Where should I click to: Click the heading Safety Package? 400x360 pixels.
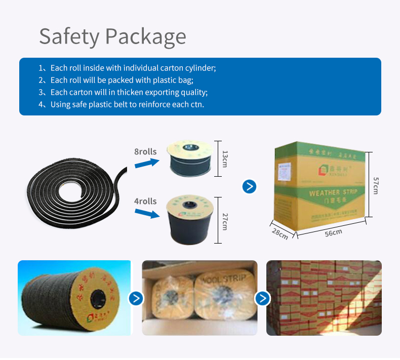(x=112, y=36)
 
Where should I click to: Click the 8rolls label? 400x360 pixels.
(x=145, y=151)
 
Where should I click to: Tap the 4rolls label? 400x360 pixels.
(x=145, y=201)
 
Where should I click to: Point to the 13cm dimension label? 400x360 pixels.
(x=225, y=158)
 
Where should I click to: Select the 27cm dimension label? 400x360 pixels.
(x=225, y=221)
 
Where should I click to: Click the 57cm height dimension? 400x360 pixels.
(x=376, y=185)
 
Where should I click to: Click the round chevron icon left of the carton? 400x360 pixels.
(x=249, y=186)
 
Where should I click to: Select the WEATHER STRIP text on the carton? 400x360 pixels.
(x=333, y=192)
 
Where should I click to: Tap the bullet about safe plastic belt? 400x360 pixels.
(x=127, y=104)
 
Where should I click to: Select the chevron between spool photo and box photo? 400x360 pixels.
(x=136, y=298)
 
